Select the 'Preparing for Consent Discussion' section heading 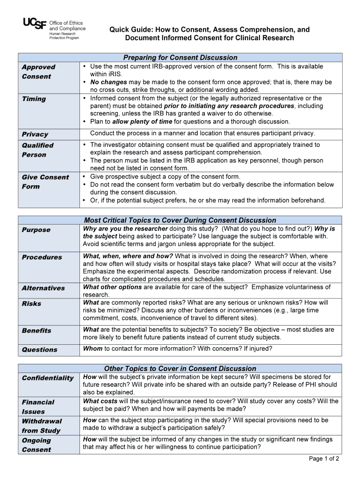click(180, 58)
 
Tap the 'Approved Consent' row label click(38, 72)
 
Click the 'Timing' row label click(34, 99)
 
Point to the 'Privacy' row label click(35, 134)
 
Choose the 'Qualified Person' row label click(37, 150)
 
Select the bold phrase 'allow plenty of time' click(143, 122)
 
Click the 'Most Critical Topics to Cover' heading click(180, 220)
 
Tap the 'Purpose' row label click(36, 230)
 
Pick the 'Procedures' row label click(42, 257)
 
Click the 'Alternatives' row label click(43, 288)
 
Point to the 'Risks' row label click(31, 304)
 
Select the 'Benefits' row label click(36, 331)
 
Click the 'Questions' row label click(39, 349)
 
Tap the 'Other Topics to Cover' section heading click(180, 369)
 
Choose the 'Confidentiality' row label click(48, 378)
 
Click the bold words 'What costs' click(100, 401)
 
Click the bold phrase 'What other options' click(112, 287)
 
